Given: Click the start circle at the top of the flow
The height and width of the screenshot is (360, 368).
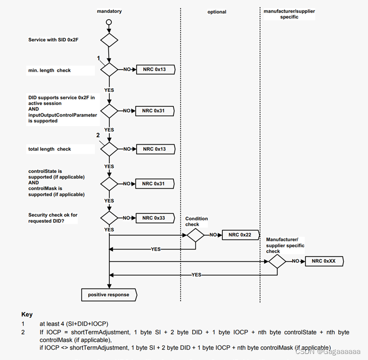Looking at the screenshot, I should pos(109,22).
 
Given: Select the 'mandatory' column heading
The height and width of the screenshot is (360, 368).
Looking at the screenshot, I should pos(109,11).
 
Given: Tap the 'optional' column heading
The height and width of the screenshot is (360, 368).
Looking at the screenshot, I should pos(217,12).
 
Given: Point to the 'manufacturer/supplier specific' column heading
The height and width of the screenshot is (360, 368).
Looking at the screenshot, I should pos(289,14).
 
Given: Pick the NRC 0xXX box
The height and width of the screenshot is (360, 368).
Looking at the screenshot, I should pos(323,261).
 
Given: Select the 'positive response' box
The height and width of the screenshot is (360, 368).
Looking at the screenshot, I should pos(109,294).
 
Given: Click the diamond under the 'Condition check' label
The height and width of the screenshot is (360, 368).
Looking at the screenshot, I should pos(196,235).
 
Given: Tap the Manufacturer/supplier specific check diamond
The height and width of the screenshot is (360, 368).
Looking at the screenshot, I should pos(277,261).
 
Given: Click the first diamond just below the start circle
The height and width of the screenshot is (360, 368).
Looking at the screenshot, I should pos(109,40).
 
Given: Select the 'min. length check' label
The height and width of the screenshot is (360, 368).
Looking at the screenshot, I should pos(50,71).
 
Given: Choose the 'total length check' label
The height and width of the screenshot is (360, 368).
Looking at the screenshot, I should pos(50,149).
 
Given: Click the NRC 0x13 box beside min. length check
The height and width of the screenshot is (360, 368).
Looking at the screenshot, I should pos(154,69).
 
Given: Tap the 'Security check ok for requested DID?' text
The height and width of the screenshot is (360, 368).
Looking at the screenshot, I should pos(53,218).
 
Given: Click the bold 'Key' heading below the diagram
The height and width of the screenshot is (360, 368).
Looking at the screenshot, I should pos(27,315).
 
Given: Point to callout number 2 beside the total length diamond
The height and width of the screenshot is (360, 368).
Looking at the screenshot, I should pos(98,135).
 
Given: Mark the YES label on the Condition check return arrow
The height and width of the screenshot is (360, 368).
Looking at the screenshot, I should pos(156,249).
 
